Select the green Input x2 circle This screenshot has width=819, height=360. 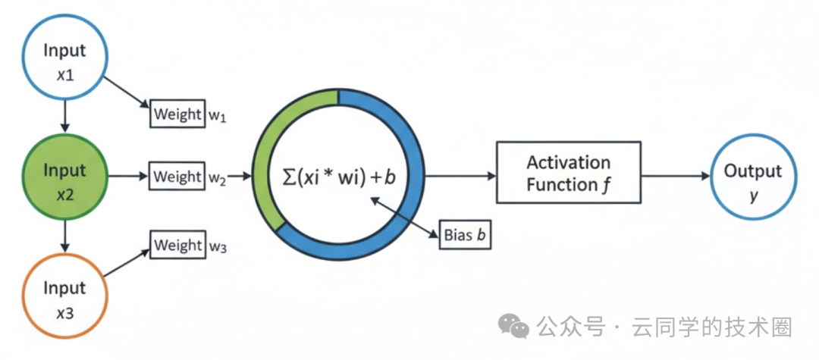click(64, 177)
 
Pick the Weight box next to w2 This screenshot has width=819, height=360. click(177, 177)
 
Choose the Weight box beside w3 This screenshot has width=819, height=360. click(177, 244)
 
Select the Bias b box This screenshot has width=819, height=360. click(465, 236)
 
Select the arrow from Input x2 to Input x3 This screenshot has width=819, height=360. click(64, 236)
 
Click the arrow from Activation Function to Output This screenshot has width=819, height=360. click(675, 177)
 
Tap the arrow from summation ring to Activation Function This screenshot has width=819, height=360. click(461, 177)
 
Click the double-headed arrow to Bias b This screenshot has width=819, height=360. click(403, 217)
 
